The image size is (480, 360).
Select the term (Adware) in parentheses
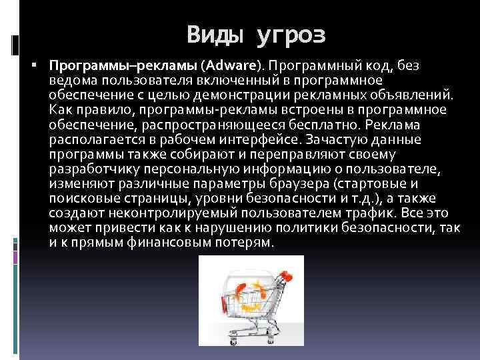235,66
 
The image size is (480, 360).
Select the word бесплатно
317,125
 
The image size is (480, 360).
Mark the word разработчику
90,170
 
